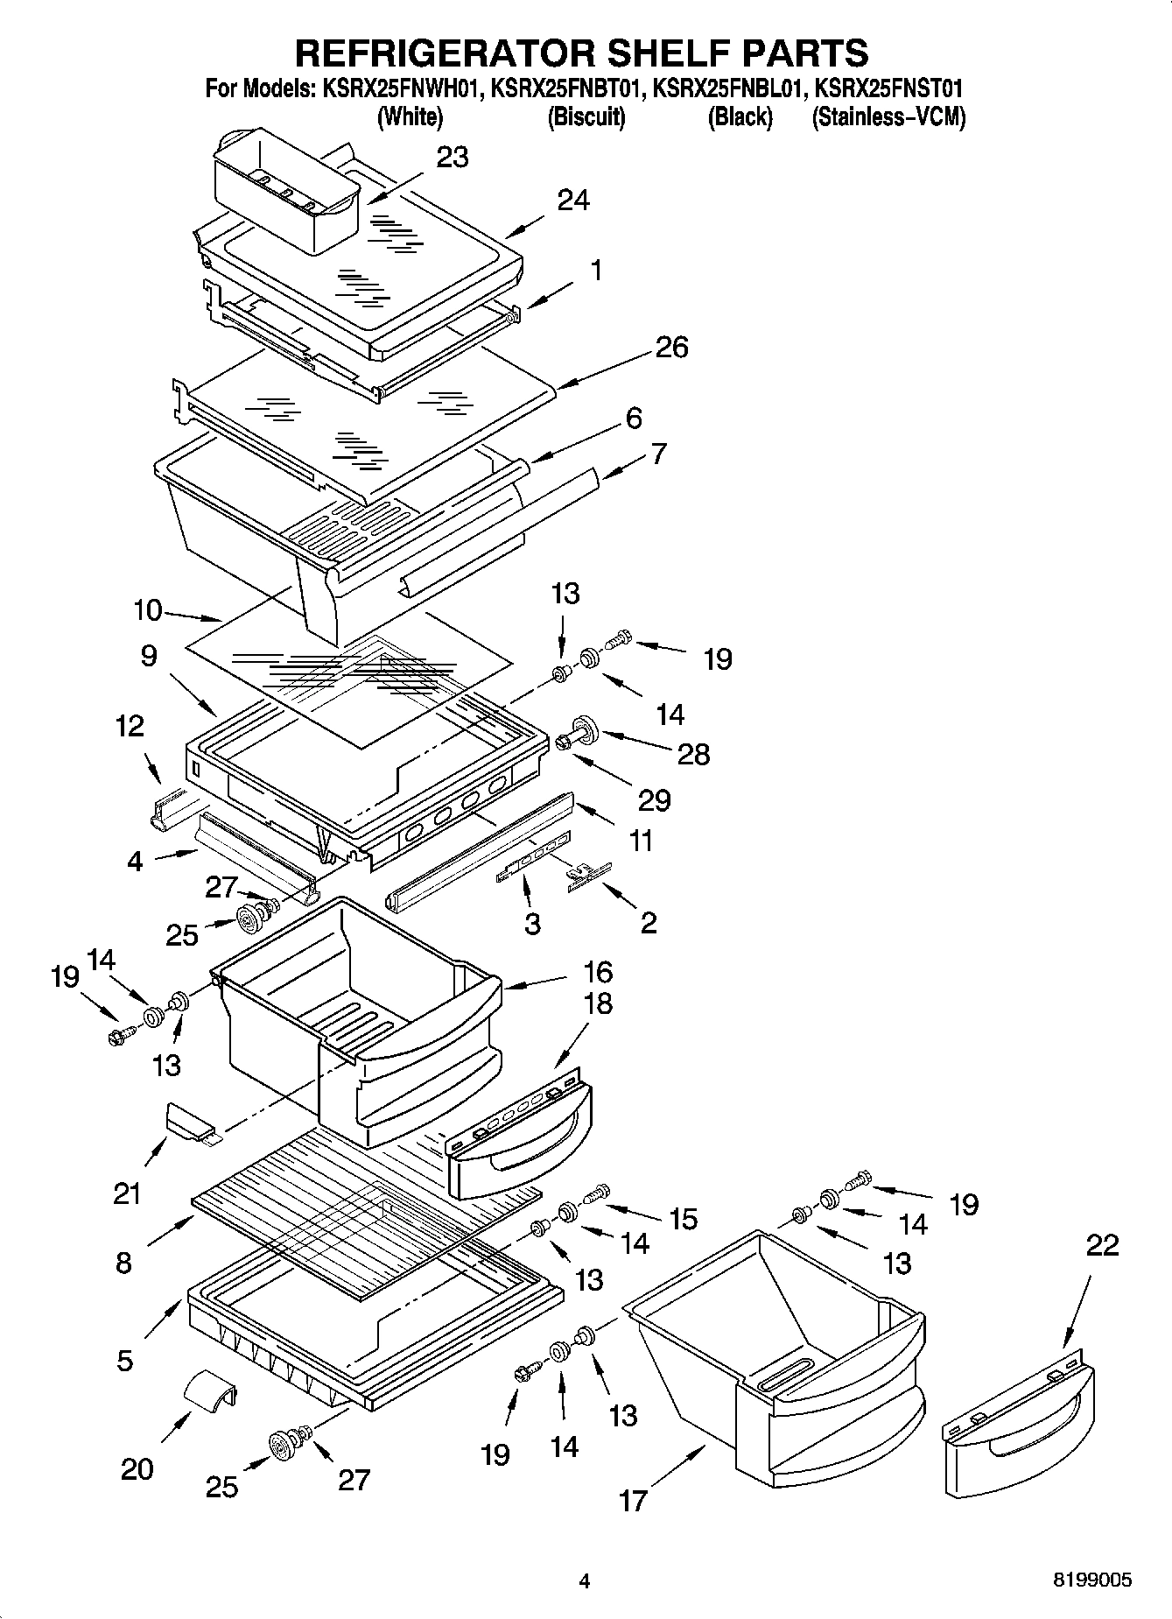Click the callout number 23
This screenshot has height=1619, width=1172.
[x=452, y=158]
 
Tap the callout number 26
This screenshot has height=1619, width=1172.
[x=671, y=347]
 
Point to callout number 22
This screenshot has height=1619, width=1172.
[x=1101, y=1245]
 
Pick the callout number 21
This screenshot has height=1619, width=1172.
[x=127, y=1193]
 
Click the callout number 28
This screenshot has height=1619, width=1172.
[x=693, y=754]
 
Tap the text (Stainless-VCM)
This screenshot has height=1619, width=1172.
[x=888, y=116]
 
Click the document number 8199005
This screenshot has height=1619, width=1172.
[x=1092, y=1580]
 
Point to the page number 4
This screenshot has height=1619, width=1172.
[x=585, y=1580]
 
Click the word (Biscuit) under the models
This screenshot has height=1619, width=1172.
[x=586, y=116]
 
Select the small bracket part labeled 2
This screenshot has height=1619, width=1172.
[x=587, y=876]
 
